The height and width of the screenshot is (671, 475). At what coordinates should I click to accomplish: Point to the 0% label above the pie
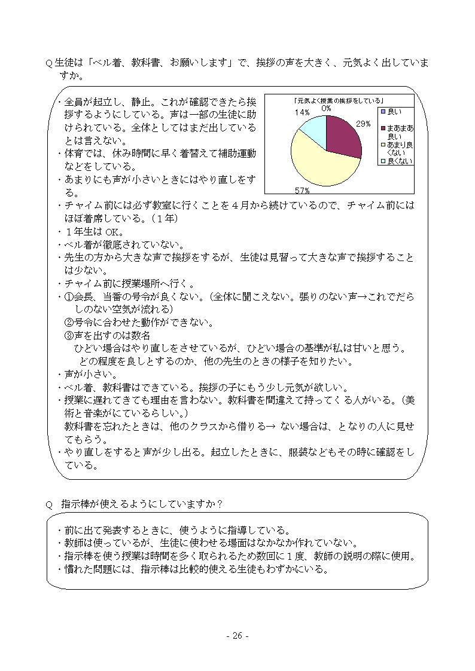(x=326, y=109)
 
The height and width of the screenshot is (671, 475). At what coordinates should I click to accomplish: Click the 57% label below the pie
(x=302, y=191)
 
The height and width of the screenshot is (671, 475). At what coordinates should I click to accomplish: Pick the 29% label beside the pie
(x=363, y=124)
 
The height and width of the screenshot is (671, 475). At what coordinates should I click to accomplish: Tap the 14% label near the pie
(x=302, y=112)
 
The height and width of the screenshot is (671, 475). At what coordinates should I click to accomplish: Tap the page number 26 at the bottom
(x=237, y=636)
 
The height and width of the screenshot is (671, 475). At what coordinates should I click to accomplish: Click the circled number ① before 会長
(x=69, y=297)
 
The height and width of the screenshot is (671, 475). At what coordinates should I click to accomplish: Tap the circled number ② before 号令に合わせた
(x=69, y=323)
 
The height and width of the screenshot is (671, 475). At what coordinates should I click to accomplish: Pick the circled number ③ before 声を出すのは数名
(x=69, y=336)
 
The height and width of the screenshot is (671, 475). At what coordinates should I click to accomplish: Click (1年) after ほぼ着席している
(x=162, y=218)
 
